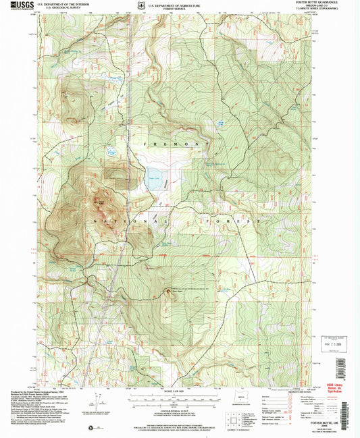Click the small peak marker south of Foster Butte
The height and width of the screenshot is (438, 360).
click(169, 292)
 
